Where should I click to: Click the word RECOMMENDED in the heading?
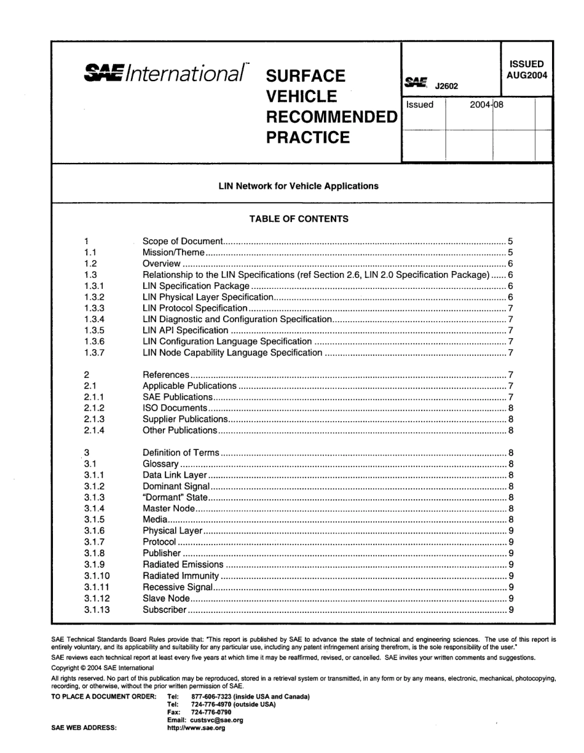[x=331, y=117]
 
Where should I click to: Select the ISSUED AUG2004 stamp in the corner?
[x=526, y=69]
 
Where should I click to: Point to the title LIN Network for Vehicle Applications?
[x=299, y=186]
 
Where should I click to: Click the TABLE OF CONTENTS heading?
[x=299, y=219]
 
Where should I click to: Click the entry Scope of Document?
[x=181, y=242]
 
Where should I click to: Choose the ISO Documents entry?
[x=175, y=408]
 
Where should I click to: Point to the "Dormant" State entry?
[x=175, y=497]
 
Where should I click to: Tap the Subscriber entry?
[x=164, y=610]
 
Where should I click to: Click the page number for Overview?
[x=510, y=264]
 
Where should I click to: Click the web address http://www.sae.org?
[x=196, y=728]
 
